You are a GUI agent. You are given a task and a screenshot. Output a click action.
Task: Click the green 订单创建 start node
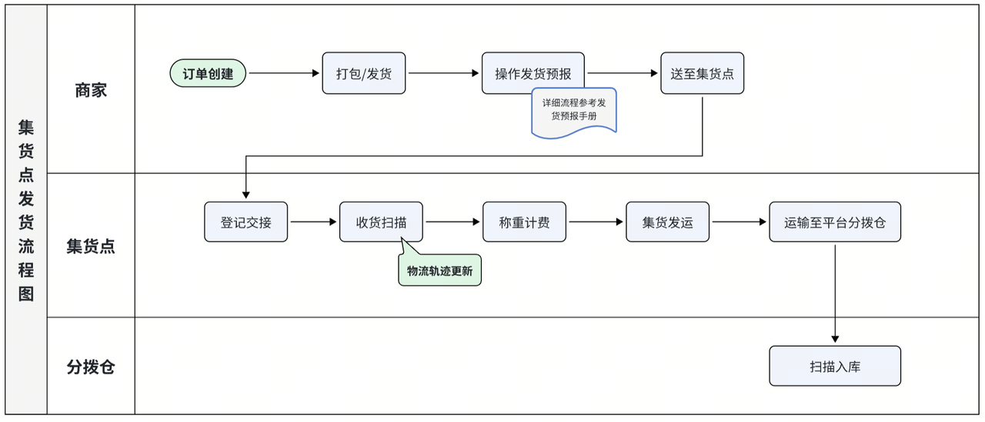point(208,74)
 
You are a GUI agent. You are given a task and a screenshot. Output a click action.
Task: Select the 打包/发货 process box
point(364,74)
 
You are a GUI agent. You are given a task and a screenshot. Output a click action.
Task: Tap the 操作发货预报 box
point(533,73)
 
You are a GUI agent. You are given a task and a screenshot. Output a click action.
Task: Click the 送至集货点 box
point(702,74)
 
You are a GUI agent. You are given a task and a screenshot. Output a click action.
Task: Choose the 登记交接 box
point(245,222)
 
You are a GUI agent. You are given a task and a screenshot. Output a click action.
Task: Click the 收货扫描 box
point(381,222)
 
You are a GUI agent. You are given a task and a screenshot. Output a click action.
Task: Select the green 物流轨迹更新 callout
point(439,271)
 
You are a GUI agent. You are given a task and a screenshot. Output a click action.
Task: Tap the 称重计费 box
point(524,222)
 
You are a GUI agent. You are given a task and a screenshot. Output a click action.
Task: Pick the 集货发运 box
point(667,222)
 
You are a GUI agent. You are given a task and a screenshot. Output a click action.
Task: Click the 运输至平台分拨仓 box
point(834,222)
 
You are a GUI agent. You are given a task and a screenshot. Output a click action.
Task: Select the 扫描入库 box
point(834,366)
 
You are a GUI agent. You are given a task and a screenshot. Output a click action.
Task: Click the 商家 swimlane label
point(91,90)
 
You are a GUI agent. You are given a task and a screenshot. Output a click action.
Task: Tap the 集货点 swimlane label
point(91,246)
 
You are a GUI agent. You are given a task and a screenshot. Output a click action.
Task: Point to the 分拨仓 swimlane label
point(91,367)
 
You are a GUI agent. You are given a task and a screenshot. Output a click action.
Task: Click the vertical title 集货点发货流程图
point(26,209)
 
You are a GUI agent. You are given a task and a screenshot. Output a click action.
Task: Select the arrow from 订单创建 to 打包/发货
point(283,74)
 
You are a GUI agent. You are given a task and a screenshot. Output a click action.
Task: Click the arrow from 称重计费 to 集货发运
point(596,222)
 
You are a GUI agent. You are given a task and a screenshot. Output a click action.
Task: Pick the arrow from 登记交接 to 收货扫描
point(313,222)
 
